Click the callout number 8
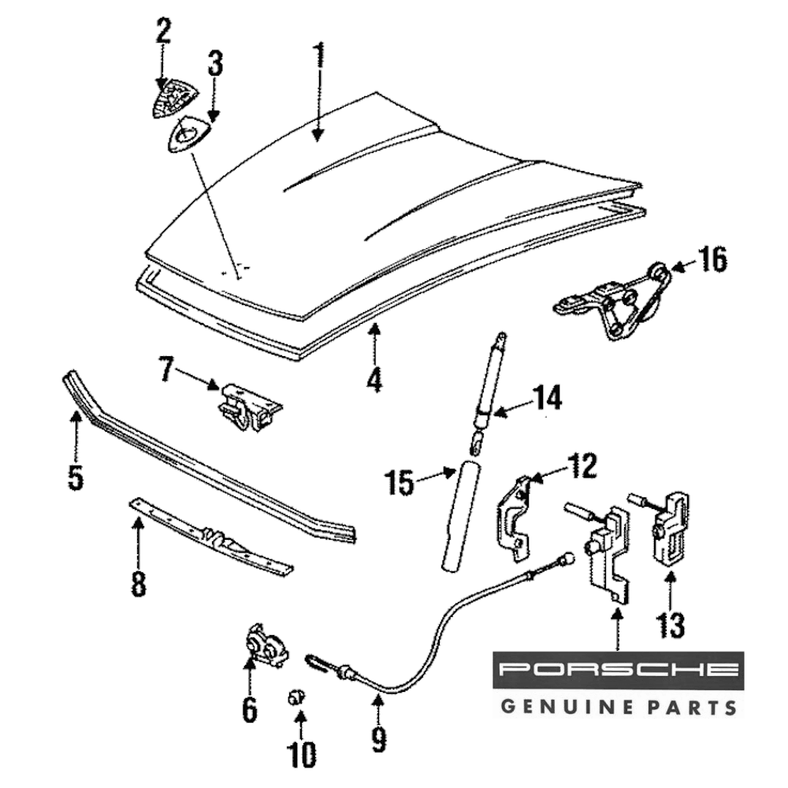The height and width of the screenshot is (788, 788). (139, 584)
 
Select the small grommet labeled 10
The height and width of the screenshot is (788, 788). (296, 697)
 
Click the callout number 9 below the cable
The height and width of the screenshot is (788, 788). (379, 738)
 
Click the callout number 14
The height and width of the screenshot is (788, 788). (546, 398)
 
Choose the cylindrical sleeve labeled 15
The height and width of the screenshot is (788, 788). (459, 516)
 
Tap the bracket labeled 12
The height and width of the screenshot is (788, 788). (514, 516)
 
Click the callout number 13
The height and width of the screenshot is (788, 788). (672, 624)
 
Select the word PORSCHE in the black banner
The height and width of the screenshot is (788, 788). (619, 671)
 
